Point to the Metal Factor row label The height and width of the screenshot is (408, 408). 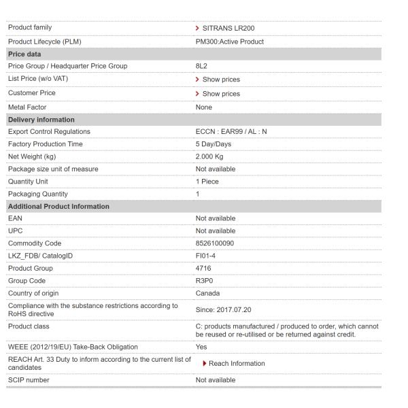point(27,107)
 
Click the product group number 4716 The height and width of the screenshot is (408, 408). point(203,268)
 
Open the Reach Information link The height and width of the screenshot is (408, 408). point(236,363)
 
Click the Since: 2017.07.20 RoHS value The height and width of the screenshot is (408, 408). point(222,309)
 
